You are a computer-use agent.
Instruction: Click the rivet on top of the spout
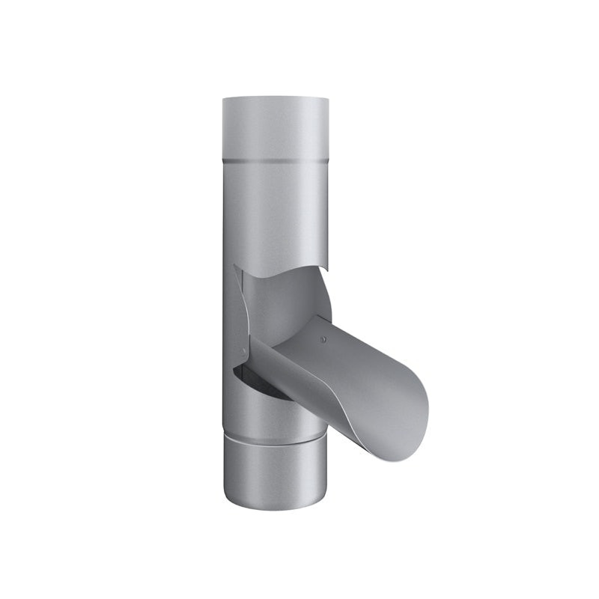(x=323, y=339)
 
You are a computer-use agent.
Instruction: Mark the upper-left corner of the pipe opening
(x=235, y=267)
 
